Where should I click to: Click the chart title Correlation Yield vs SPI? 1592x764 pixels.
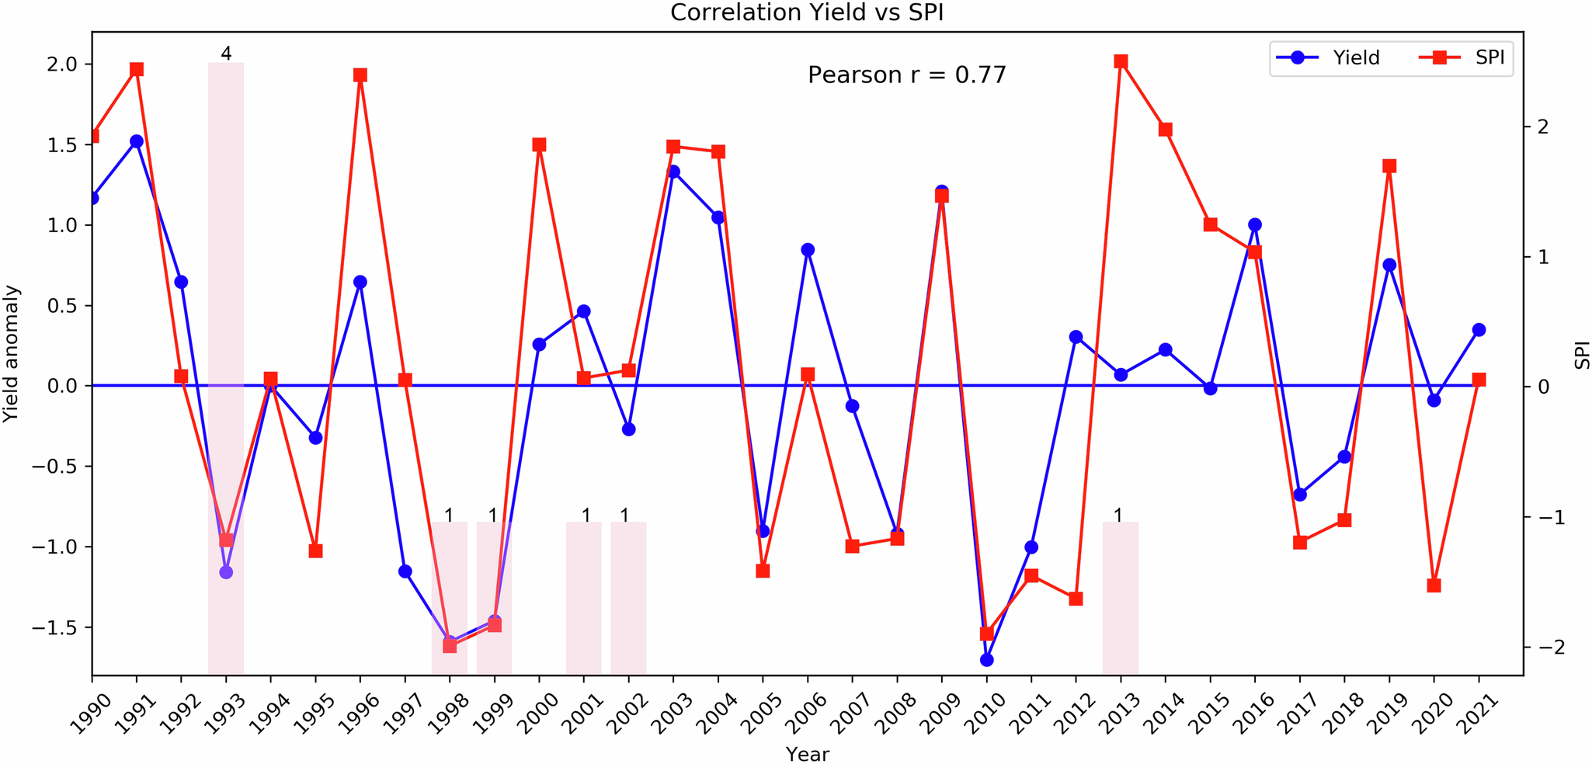coord(807,13)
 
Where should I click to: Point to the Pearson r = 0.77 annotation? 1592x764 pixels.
coord(906,75)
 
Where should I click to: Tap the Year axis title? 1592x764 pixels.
coord(807,753)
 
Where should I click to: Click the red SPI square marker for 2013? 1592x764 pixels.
coord(1121,61)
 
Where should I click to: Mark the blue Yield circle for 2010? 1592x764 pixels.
coord(986,660)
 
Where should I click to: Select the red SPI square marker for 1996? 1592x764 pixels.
coord(360,75)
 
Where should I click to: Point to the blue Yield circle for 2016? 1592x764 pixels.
coord(1255,225)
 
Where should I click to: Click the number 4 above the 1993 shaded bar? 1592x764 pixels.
coord(226,54)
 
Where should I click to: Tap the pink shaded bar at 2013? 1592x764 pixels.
coord(1121,598)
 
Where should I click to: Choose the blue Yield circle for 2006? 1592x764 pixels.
coord(808,250)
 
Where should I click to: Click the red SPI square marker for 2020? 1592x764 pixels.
coord(1434,585)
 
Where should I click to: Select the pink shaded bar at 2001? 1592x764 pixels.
coord(584,598)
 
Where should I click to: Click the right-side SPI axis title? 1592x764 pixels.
coord(1581,355)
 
